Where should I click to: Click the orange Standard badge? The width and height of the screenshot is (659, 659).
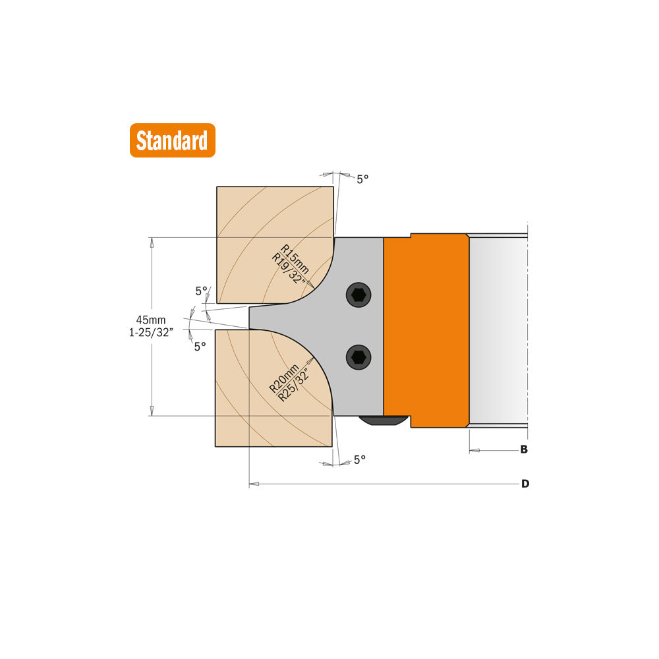[172, 140]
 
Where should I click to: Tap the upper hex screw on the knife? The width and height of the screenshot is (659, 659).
[358, 295]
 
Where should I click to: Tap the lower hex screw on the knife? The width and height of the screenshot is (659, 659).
[358, 357]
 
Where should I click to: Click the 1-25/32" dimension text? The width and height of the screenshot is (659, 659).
[151, 333]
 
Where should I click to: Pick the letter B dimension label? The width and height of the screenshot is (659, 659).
[524, 450]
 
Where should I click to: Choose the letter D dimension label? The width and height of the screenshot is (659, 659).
[525, 484]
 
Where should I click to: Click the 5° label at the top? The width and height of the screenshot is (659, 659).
[362, 179]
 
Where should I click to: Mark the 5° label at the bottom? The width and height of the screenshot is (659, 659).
[359, 460]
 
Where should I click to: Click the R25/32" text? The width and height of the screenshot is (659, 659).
[293, 386]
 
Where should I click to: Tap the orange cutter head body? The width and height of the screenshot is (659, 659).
[426, 329]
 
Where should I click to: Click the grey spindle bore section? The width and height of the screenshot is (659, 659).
[498, 329]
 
